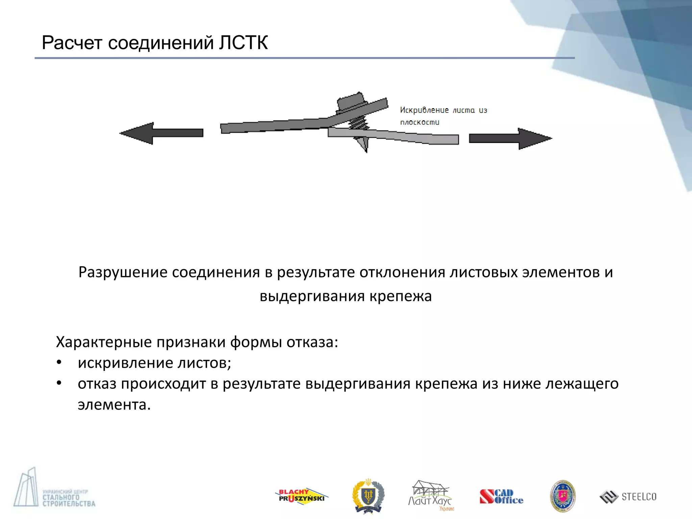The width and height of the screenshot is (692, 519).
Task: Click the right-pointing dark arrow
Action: (510, 139)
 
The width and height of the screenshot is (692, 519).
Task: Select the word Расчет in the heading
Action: (72, 43)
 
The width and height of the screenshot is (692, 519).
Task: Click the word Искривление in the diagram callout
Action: (424, 110)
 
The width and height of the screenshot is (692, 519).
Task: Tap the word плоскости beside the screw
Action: (420, 122)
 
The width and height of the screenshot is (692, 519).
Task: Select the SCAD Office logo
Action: (501, 497)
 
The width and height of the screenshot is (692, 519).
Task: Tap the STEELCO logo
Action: (628, 497)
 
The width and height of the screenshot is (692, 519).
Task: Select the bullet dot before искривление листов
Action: (59, 363)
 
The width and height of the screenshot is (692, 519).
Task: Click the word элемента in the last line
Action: (114, 405)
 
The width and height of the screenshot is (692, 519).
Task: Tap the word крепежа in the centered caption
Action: (400, 296)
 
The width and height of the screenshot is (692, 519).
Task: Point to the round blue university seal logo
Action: (563, 496)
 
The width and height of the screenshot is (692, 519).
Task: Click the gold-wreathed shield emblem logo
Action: (368, 496)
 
